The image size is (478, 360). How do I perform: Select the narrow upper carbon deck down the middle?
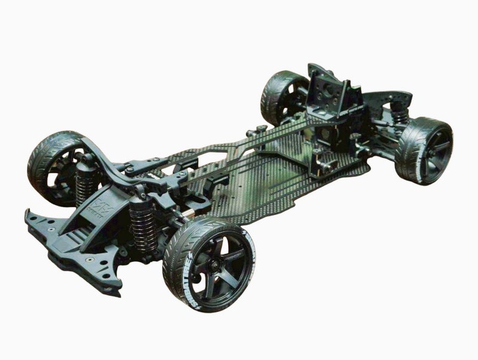239,150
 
